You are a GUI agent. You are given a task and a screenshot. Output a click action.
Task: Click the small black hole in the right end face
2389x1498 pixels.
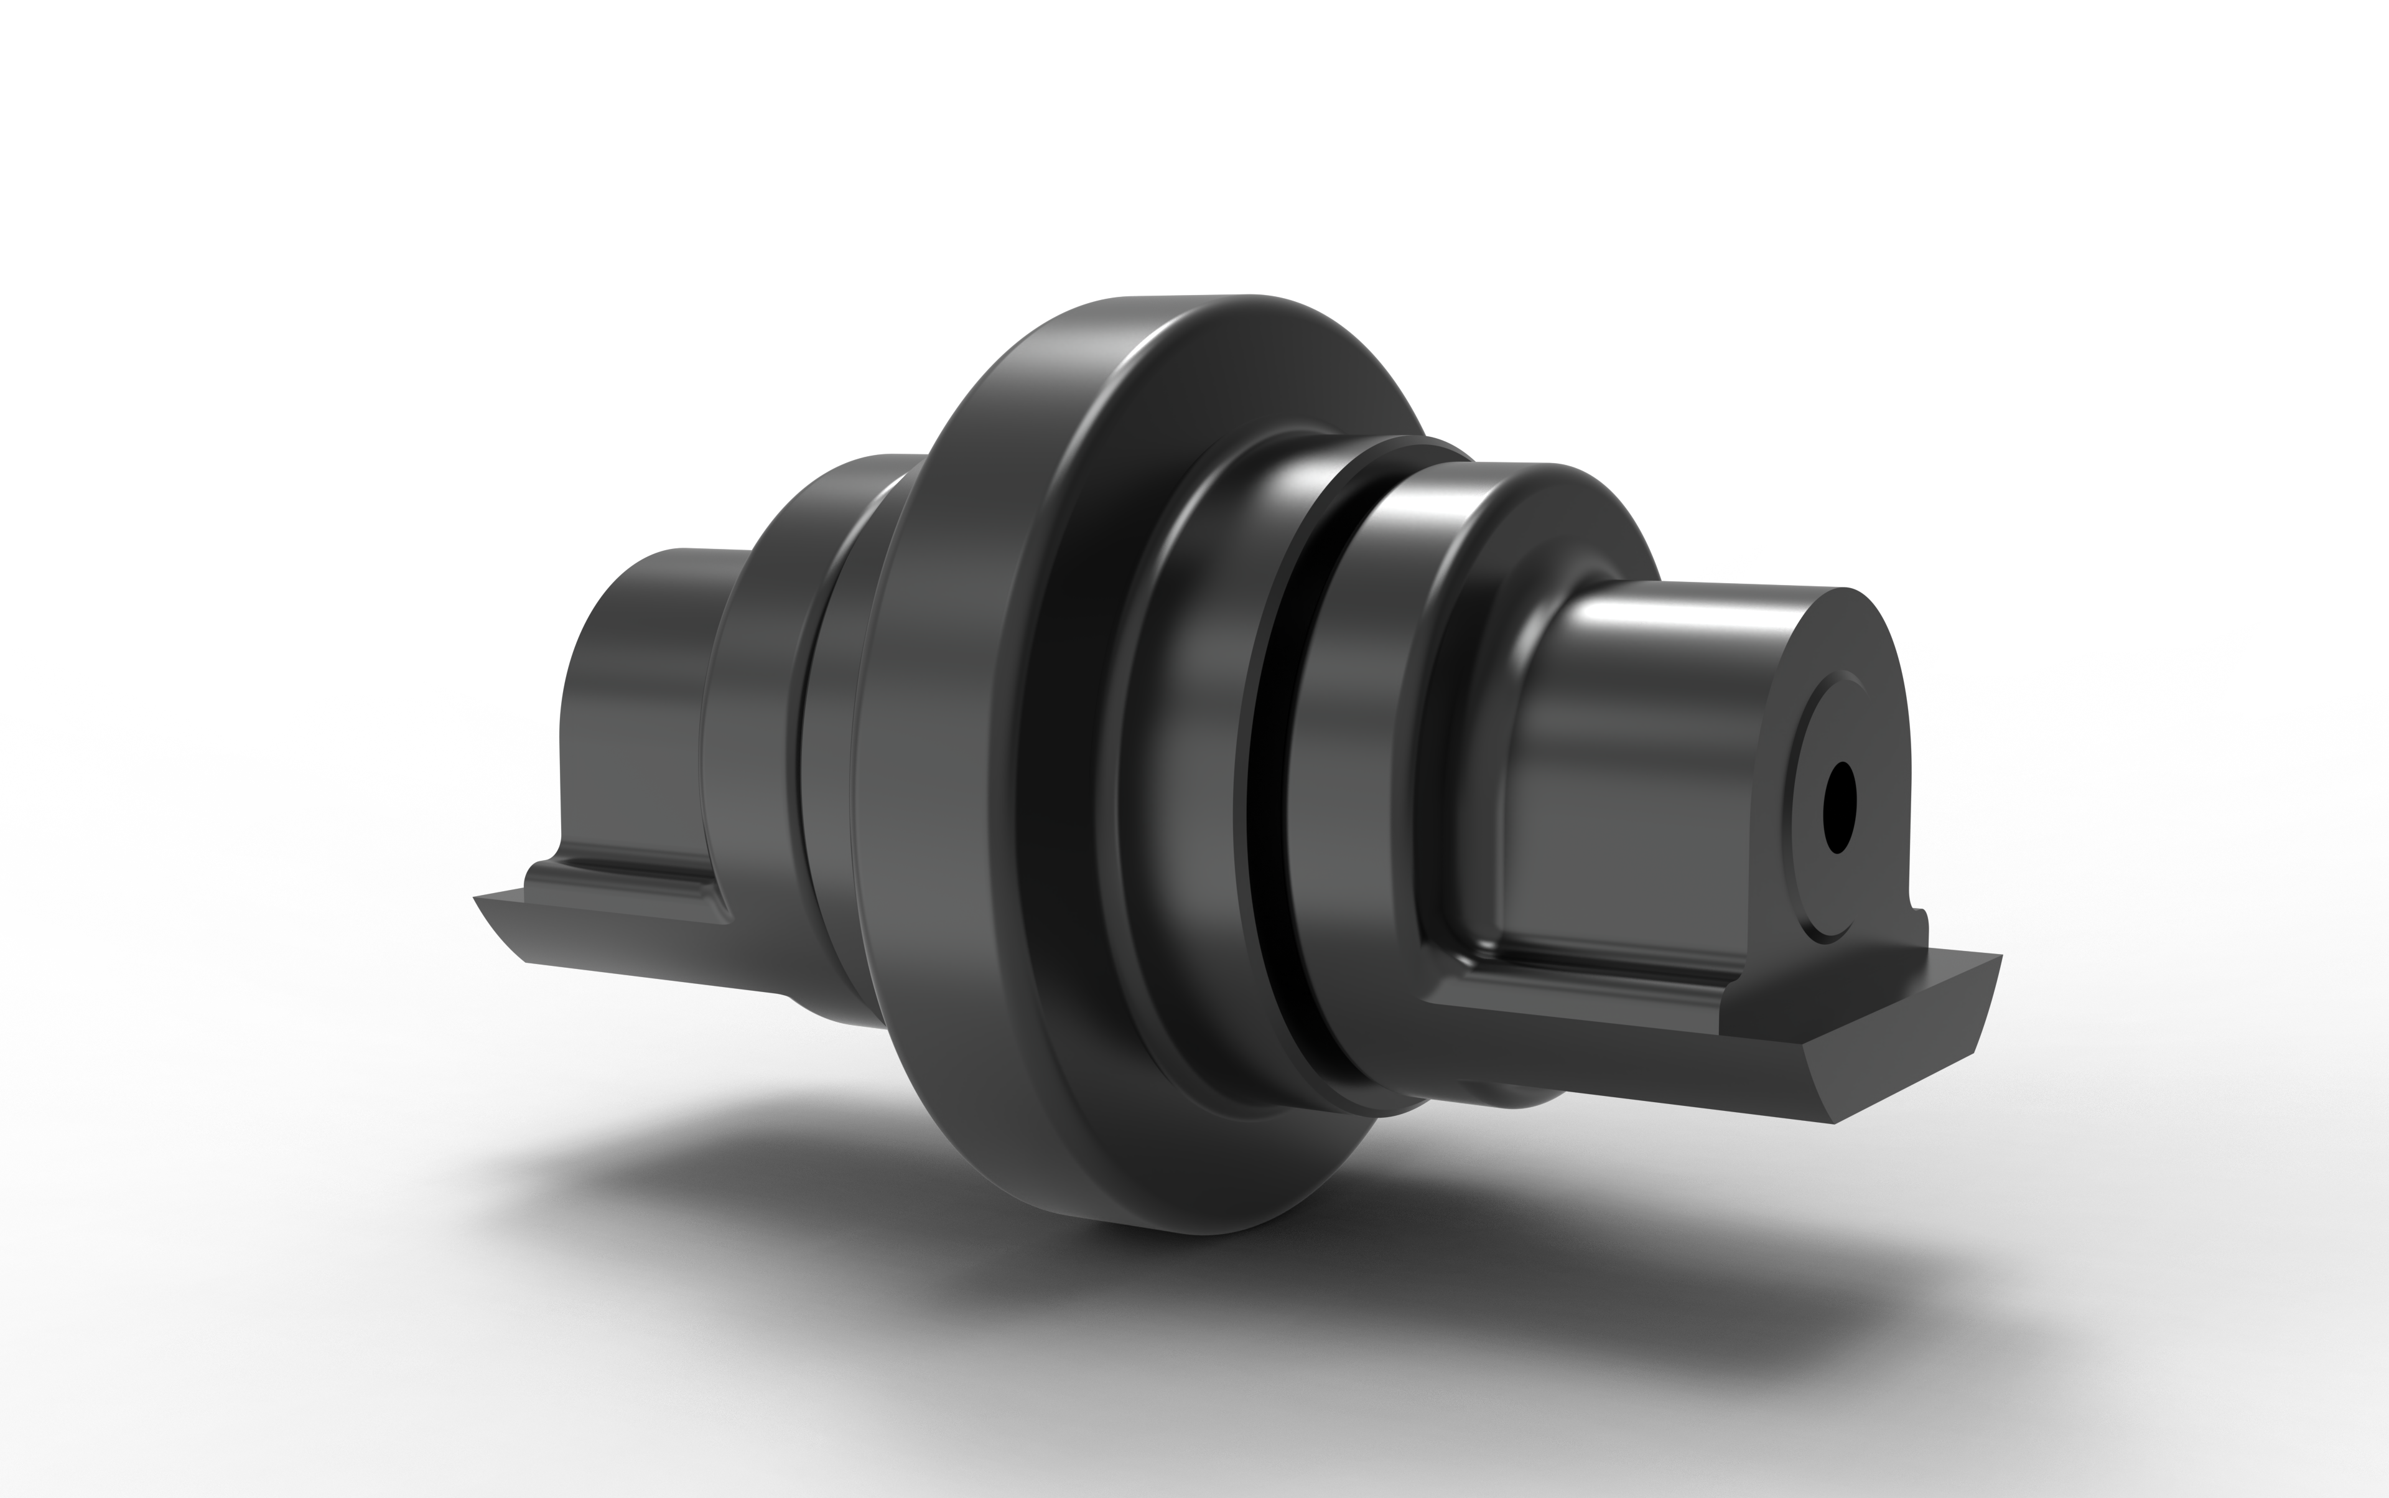click(x=1838, y=807)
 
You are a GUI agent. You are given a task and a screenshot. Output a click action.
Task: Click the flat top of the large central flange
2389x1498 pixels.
click(x=1188, y=303)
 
